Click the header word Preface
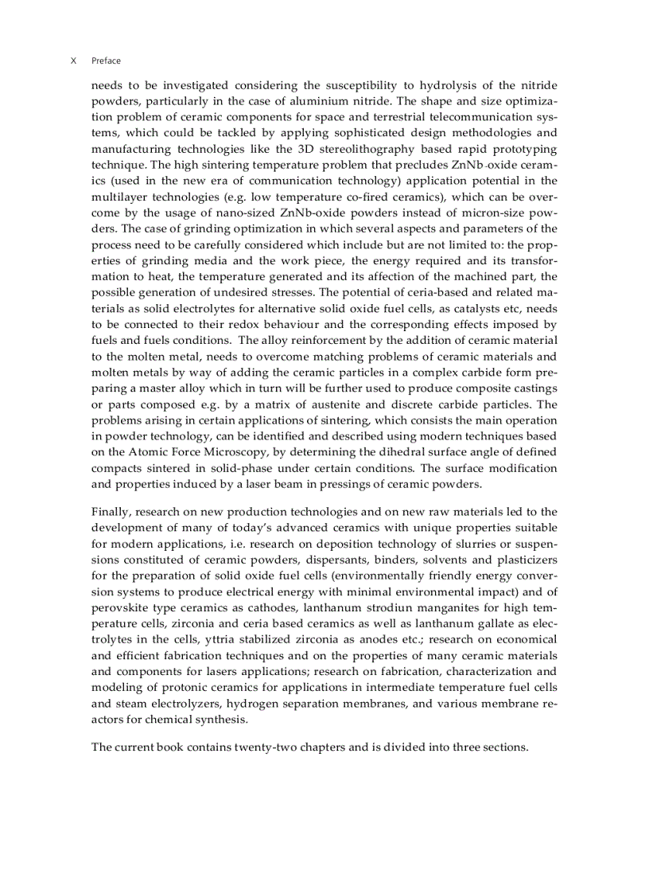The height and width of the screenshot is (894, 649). click(106, 61)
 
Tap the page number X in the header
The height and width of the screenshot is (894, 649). click(73, 61)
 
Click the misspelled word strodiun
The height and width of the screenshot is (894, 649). click(397, 607)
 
